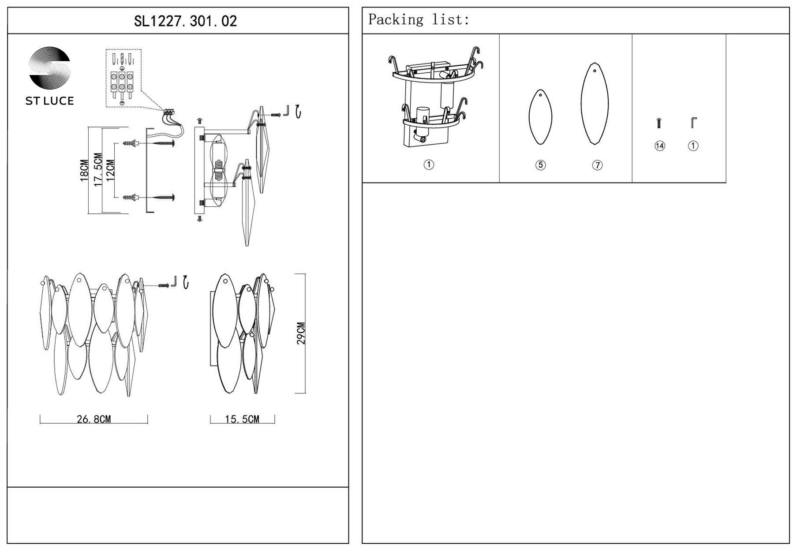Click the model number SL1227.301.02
pyautogui.click(x=185, y=21)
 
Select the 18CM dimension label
pyautogui.click(x=84, y=170)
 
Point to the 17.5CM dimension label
pyautogui.click(x=98, y=169)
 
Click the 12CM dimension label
pyautogui.click(x=110, y=170)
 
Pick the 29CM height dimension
pyautogui.click(x=301, y=333)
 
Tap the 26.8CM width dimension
pyautogui.click(x=94, y=419)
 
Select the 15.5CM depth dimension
pyautogui.click(x=242, y=419)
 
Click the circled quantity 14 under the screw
pyautogui.click(x=659, y=146)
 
